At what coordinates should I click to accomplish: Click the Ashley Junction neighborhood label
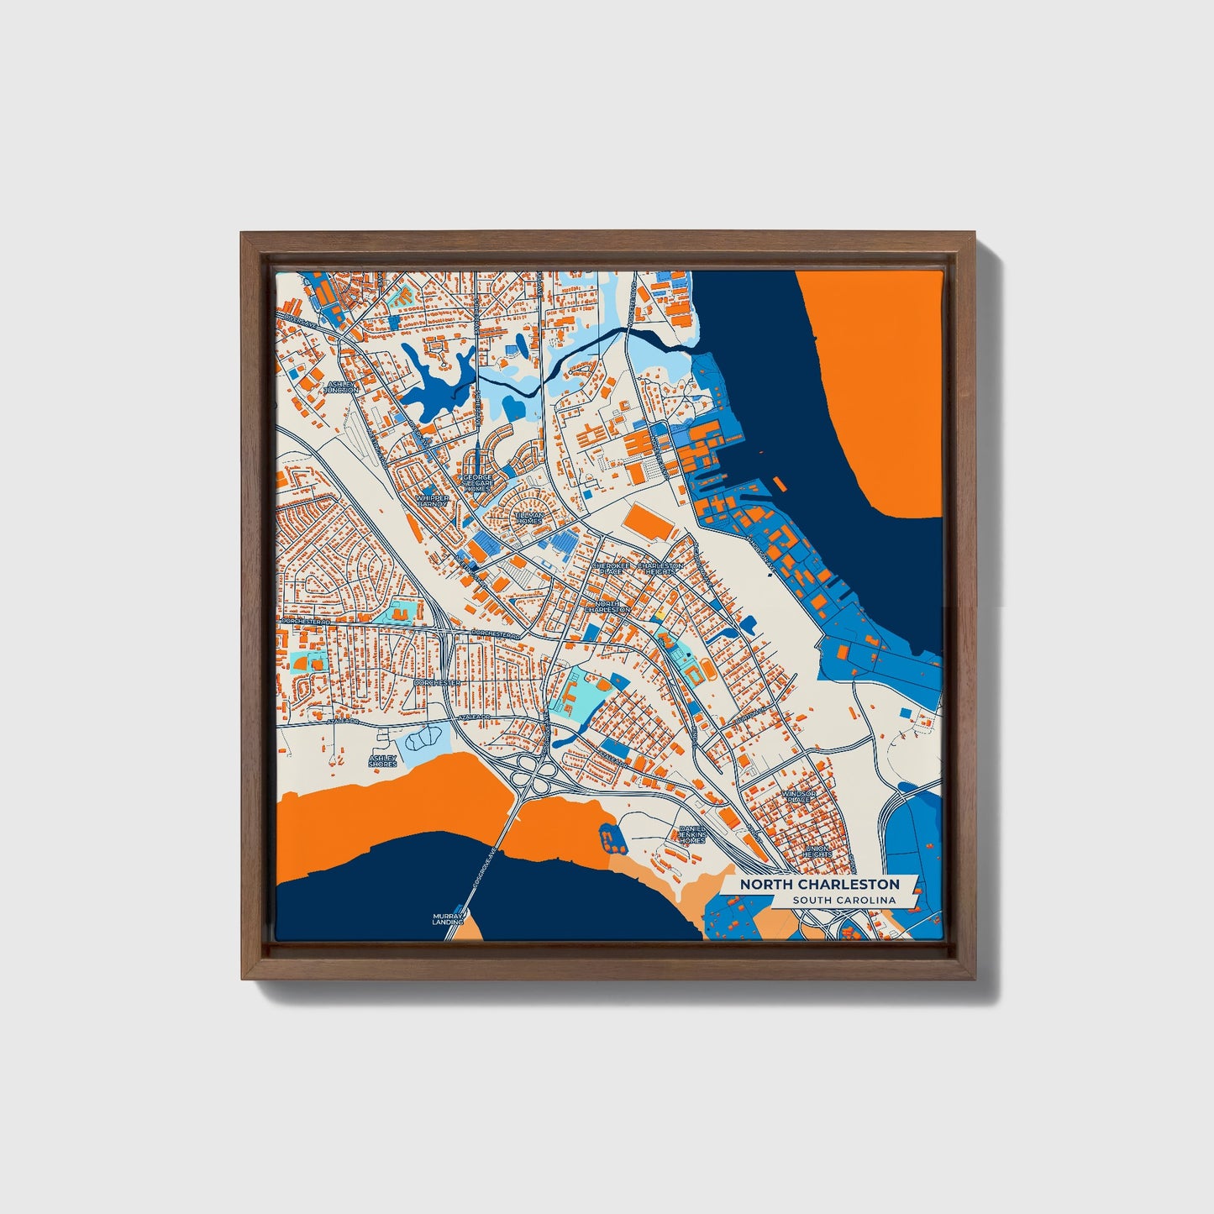[343, 386]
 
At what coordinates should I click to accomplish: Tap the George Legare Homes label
[478, 483]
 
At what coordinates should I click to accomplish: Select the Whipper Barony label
[433, 501]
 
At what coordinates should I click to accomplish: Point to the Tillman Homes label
[529, 518]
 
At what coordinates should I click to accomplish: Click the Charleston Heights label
[660, 569]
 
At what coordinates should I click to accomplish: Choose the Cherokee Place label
[611, 569]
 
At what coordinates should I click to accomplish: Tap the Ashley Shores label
[382, 761]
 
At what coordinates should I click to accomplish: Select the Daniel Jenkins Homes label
[692, 833]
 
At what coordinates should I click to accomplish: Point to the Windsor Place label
[798, 796]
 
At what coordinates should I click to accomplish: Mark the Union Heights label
[817, 851]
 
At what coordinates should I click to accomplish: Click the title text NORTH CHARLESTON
[819, 885]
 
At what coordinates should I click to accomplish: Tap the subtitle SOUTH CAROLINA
[843, 901]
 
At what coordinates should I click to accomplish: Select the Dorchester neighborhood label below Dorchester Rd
[437, 683]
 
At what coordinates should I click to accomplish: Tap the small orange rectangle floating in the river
[780, 484]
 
